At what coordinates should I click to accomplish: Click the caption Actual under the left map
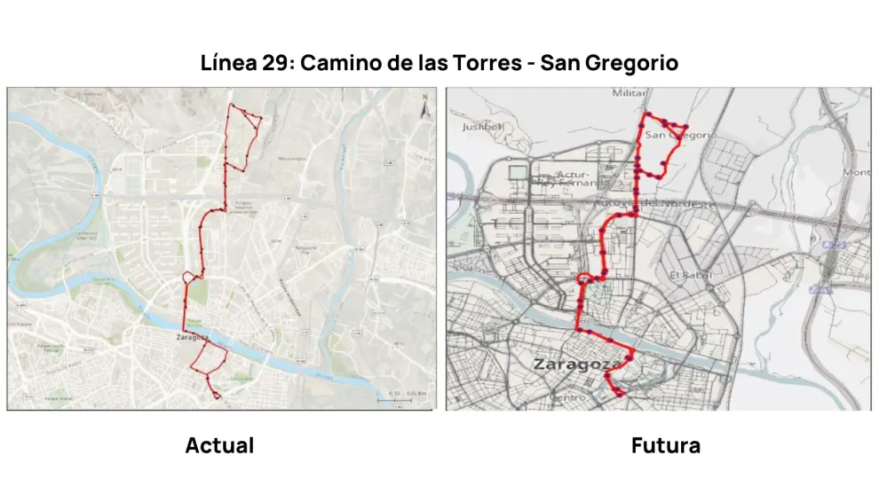point(219,445)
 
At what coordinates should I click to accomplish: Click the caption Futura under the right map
point(665,445)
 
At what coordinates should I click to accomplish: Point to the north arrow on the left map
point(424,107)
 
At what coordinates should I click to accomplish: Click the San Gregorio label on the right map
point(679,135)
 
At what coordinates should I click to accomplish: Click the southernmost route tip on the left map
point(217,396)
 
